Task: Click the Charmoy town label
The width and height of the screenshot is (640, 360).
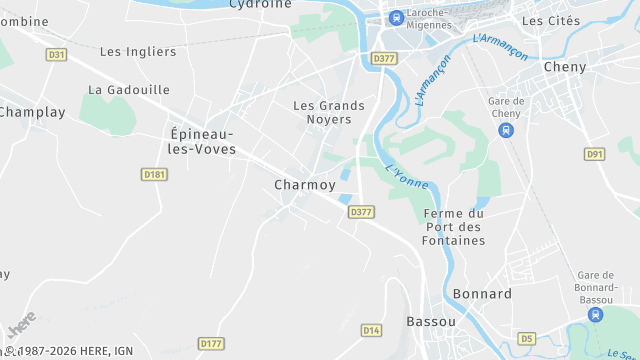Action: pyautogui.click(x=305, y=185)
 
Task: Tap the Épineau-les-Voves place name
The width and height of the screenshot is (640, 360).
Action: pyautogui.click(x=203, y=141)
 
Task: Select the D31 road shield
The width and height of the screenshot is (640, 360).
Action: pyautogui.click(x=57, y=54)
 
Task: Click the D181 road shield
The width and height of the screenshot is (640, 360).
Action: pyautogui.click(x=153, y=174)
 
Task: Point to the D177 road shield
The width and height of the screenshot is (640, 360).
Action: pyautogui.click(x=210, y=343)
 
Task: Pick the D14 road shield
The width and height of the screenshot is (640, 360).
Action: pyautogui.click(x=371, y=329)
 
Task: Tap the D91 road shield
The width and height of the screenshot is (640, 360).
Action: pyautogui.click(x=595, y=154)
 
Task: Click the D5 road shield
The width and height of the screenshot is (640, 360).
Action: pyautogui.click(x=527, y=338)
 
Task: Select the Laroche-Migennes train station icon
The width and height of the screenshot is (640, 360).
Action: pyautogui.click(x=396, y=17)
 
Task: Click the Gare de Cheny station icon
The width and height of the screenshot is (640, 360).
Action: pyautogui.click(x=507, y=130)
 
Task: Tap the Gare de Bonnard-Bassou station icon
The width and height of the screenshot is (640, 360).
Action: pyautogui.click(x=596, y=314)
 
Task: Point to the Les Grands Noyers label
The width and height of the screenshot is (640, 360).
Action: pyautogui.click(x=322, y=112)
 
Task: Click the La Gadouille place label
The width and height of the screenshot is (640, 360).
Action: pyautogui.click(x=129, y=89)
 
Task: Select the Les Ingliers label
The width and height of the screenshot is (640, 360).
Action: pyautogui.click(x=138, y=52)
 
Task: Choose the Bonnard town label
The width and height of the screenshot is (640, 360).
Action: pyautogui.click(x=482, y=294)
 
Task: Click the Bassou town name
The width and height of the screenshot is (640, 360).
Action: pyautogui.click(x=431, y=321)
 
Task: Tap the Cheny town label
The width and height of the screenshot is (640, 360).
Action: pyautogui.click(x=564, y=67)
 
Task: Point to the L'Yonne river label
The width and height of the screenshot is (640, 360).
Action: pyautogui.click(x=406, y=176)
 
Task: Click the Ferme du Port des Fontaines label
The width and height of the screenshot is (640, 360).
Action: pyautogui.click(x=454, y=227)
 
